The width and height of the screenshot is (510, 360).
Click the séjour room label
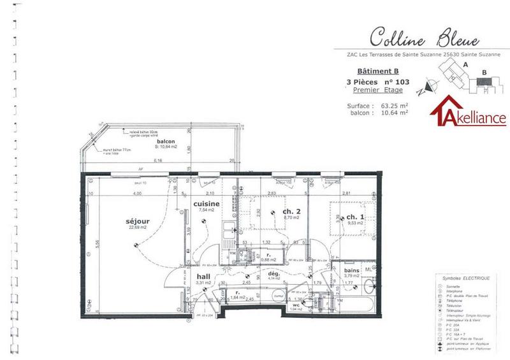coord(138,221)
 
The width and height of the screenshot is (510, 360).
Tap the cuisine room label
coord(207,204)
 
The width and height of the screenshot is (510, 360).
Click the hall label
coord(203,276)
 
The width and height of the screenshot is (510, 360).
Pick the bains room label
coord(352,270)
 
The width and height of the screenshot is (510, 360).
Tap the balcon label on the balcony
coord(166,141)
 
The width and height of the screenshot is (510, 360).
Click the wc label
coord(296,305)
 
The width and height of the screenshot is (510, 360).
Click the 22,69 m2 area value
coord(138,227)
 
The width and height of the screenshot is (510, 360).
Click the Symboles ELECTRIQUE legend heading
coord(465,279)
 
